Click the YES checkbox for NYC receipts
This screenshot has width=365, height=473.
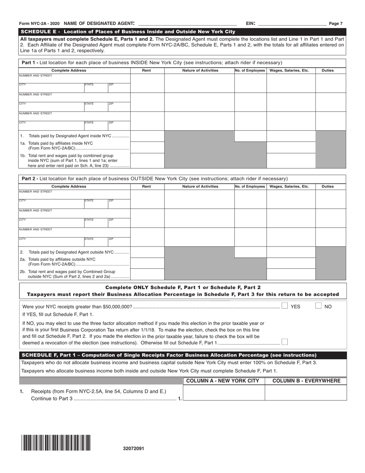285,306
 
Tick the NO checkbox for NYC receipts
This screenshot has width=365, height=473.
319,306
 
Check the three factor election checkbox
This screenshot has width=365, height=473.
284,342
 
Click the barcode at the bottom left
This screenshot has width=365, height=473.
56,443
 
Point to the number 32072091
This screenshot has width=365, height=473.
134,448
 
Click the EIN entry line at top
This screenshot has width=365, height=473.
292,23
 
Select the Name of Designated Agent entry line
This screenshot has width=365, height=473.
187,23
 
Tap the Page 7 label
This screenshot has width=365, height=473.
336,24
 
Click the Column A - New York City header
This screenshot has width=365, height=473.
224,381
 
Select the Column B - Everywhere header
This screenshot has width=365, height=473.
306,381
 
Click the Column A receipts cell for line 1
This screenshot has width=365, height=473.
224,393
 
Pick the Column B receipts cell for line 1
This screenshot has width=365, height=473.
306,393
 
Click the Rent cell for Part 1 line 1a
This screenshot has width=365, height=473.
147,147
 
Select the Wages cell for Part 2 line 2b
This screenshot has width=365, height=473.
291,274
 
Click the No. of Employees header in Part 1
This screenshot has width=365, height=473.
250,70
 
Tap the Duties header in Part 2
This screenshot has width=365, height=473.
327,187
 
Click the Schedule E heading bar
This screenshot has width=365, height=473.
182,32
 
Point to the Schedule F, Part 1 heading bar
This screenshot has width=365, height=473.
182,355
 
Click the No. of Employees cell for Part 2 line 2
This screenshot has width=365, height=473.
250,252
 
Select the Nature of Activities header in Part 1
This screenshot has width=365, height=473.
200,70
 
